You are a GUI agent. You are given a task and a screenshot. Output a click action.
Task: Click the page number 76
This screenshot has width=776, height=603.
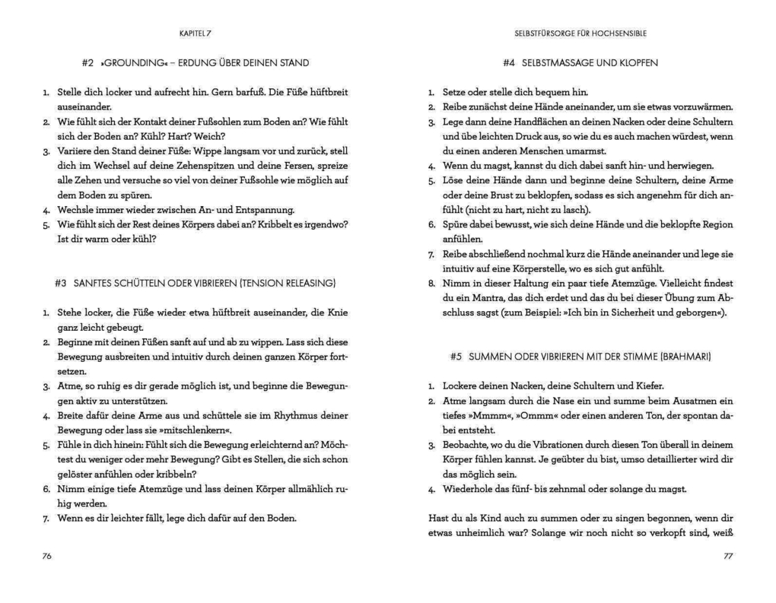point(46,557)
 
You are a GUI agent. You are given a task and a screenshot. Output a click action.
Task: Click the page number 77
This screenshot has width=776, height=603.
point(727,557)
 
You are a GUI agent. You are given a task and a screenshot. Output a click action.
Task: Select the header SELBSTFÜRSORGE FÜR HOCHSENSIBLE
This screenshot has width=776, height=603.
point(580,33)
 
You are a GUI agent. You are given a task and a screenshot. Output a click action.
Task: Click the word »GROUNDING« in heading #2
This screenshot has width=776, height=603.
point(129,62)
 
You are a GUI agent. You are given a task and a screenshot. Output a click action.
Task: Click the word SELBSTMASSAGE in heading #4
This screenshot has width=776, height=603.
point(553,62)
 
